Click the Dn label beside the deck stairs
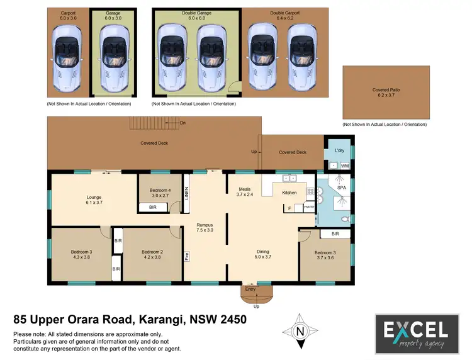pos(183,123)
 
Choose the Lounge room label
pos(94,200)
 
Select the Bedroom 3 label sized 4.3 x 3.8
pos(81,254)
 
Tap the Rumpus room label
pos(205,227)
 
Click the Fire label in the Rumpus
pos(186,256)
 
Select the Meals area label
pos(245,192)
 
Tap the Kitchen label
pos(289,193)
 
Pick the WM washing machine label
pos(344,166)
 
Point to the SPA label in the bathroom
pos(342,188)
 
